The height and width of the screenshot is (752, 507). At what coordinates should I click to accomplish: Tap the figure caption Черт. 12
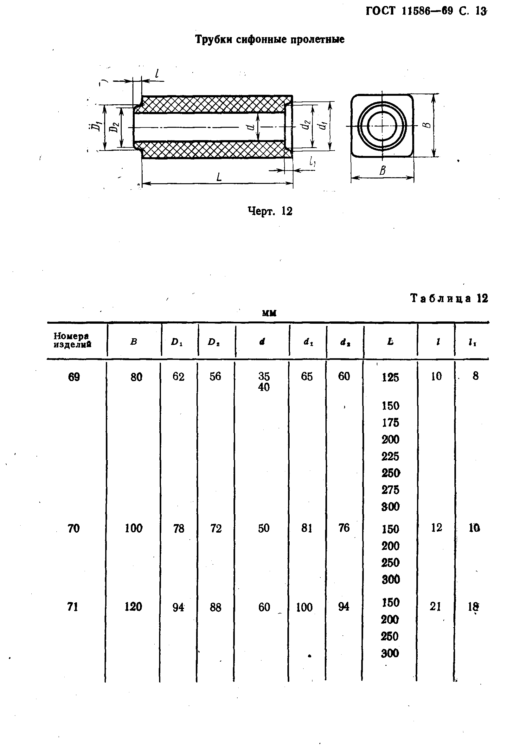pyautogui.click(x=270, y=211)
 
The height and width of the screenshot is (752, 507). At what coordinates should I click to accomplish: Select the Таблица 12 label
pyautogui.click(x=449, y=298)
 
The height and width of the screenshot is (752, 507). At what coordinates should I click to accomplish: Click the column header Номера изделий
pyautogui.click(x=72, y=340)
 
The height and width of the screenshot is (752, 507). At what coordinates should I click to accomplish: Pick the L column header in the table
pyautogui.click(x=390, y=341)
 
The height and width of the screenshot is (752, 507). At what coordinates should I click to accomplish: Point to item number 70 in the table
pyautogui.click(x=74, y=528)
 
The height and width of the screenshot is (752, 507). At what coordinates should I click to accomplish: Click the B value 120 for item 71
pyautogui.click(x=133, y=607)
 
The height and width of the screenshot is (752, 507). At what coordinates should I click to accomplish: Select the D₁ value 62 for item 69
pyautogui.click(x=178, y=377)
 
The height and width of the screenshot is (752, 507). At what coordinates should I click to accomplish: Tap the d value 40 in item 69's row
pyautogui.click(x=264, y=387)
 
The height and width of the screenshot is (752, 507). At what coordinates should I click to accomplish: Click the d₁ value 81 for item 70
pyautogui.click(x=306, y=528)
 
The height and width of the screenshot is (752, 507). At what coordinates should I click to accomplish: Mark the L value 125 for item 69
pyautogui.click(x=390, y=377)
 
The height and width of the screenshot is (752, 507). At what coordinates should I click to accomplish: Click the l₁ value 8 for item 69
pyautogui.click(x=475, y=376)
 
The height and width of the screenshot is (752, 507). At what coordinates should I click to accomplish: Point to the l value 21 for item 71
pyautogui.click(x=435, y=606)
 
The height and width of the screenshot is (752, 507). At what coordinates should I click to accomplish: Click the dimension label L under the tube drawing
pyautogui.click(x=219, y=177)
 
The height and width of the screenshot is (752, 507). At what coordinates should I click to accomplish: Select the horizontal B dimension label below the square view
pyautogui.click(x=382, y=170)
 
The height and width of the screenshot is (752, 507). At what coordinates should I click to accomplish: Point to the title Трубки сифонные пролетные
pyautogui.click(x=270, y=39)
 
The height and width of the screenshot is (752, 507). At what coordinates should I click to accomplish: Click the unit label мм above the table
pyautogui.click(x=269, y=313)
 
